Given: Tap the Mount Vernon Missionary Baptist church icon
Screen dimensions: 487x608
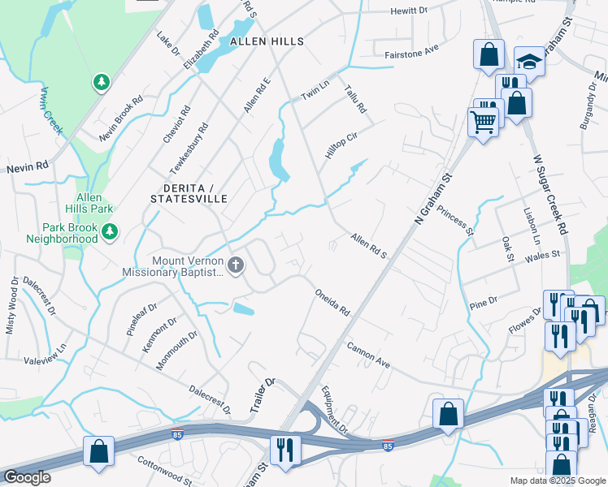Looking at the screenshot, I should (236, 265).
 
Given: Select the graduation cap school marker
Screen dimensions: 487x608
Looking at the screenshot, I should (528, 61).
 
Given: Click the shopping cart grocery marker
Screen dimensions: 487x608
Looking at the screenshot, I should (483, 123).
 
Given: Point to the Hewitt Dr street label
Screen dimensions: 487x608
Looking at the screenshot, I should (408, 11).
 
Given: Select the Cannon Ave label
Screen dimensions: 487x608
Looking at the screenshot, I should (369, 355).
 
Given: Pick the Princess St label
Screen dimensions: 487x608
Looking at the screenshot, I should (455, 220).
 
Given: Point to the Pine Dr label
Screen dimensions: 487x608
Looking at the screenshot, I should (484, 304).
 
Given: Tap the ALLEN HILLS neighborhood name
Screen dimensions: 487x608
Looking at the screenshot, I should (267, 41).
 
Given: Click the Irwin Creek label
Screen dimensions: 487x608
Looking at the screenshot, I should (51, 111).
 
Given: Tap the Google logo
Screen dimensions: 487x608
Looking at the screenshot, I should (28, 478).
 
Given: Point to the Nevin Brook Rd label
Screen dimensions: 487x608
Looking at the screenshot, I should (120, 119).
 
